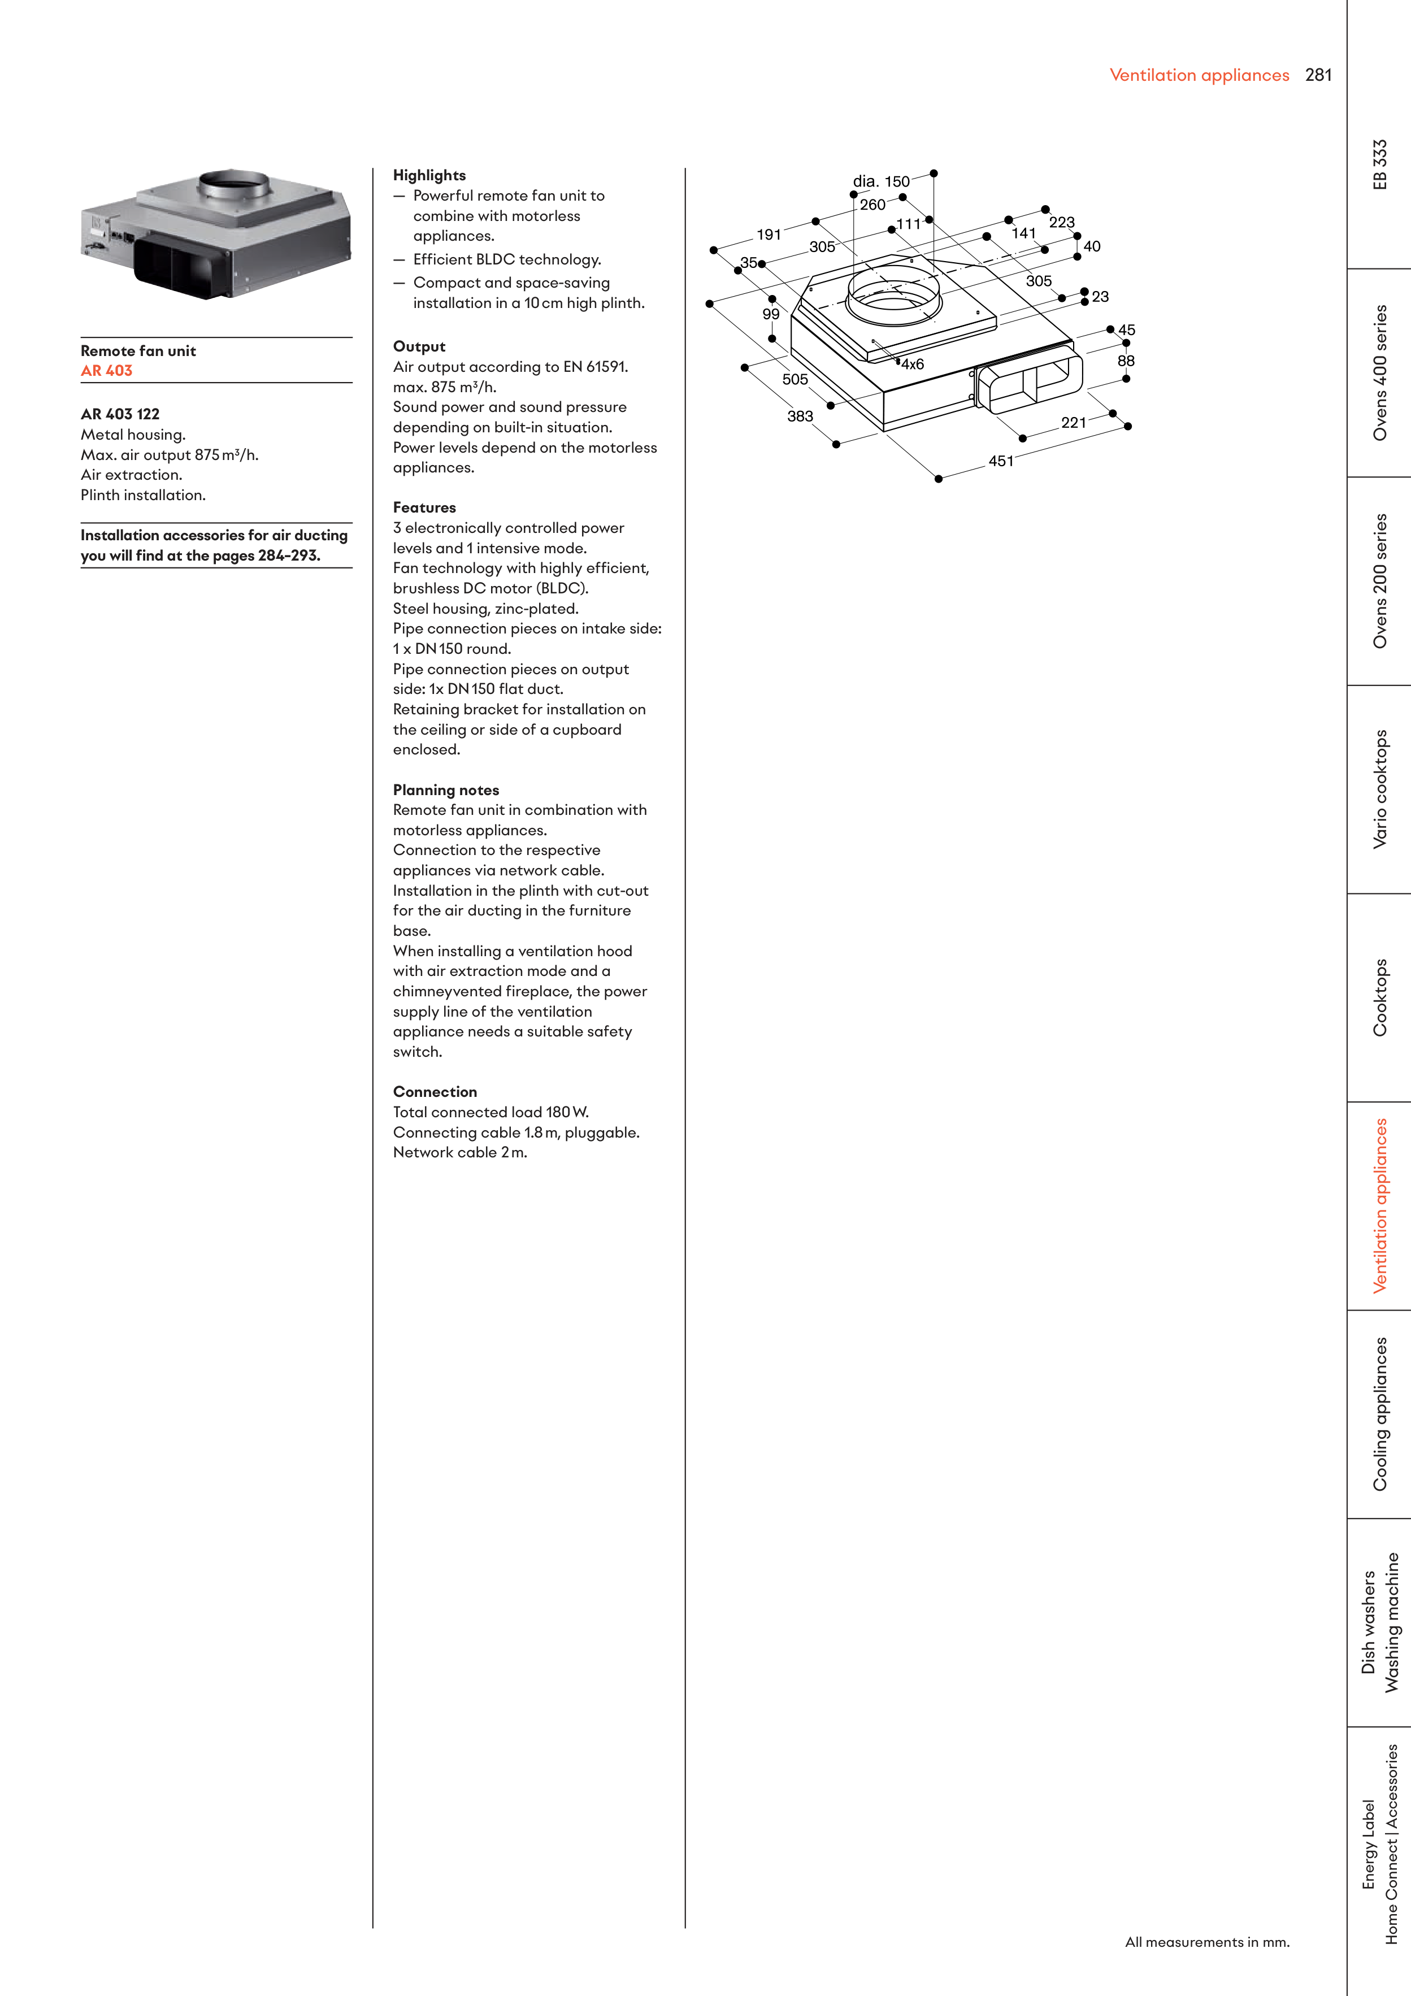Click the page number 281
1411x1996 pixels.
click(1318, 75)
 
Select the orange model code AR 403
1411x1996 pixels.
click(106, 370)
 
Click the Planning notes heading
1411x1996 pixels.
click(446, 789)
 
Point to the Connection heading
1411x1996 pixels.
click(435, 1091)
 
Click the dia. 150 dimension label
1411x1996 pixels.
click(881, 181)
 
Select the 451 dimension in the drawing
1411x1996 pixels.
click(1001, 461)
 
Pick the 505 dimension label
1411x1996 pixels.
click(794, 379)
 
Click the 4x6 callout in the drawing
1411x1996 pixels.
click(912, 365)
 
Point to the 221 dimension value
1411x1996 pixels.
click(1074, 423)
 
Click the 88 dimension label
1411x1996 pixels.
click(1126, 361)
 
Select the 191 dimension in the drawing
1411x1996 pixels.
click(769, 235)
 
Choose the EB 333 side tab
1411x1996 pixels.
click(1380, 164)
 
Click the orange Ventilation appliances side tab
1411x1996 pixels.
click(1380, 1206)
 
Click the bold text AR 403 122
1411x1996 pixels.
click(120, 414)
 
